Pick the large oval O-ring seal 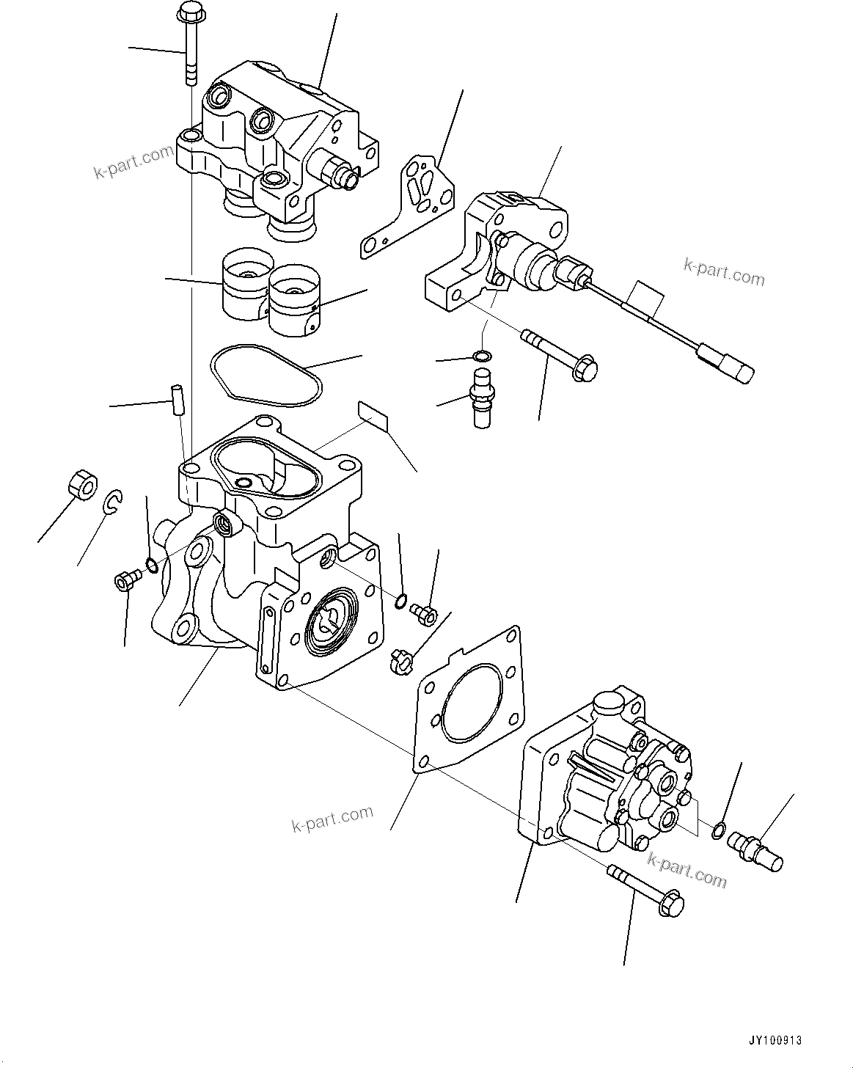coord(266,375)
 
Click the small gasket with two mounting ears coord(408,206)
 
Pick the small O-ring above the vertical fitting coord(482,356)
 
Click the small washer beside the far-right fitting coord(720,830)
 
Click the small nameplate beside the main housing coord(373,414)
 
